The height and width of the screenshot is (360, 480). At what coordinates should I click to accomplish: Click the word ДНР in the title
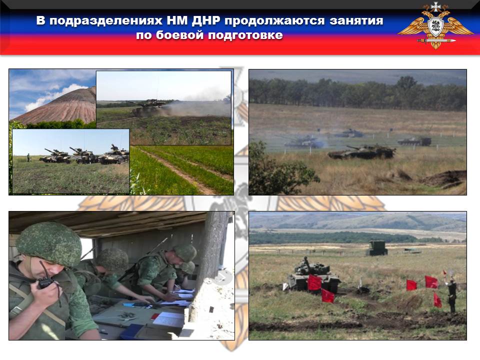point(206,21)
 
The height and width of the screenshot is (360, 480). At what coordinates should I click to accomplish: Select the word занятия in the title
point(356,21)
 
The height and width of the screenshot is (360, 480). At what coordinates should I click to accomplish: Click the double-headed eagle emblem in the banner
point(435,25)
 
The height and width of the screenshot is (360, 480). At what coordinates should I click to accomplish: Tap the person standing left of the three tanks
point(28,157)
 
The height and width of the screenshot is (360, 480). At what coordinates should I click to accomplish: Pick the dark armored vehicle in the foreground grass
point(361,152)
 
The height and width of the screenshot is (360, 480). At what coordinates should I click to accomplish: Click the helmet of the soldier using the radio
point(49,243)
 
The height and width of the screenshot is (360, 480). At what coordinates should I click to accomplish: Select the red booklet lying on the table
point(155,316)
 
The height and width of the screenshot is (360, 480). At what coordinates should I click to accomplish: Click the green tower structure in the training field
point(377,248)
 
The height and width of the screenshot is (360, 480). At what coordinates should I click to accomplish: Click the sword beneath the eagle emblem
point(436,40)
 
